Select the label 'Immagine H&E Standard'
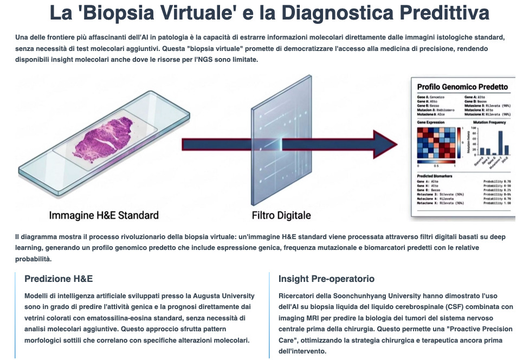pos(104,215)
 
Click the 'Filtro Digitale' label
pos(281,215)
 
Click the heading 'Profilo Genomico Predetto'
pos(462,87)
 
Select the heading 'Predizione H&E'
pos(59,279)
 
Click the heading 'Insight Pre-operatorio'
pos(326,279)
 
